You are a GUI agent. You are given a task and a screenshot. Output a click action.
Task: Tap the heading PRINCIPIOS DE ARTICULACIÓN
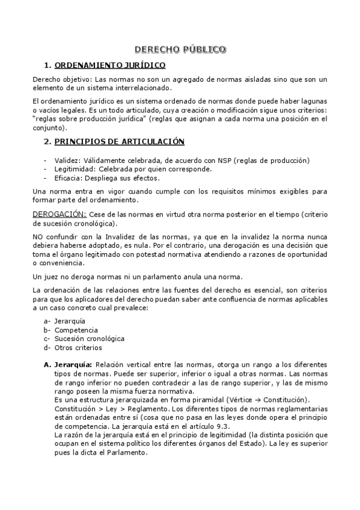click(119, 142)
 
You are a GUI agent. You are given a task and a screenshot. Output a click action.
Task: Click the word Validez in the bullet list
click(66, 161)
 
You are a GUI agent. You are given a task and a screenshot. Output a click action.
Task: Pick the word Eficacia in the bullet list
click(67, 178)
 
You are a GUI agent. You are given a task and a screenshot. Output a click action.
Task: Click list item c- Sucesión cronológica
click(81, 339)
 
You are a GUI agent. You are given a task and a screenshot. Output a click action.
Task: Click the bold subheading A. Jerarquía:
click(67, 364)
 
